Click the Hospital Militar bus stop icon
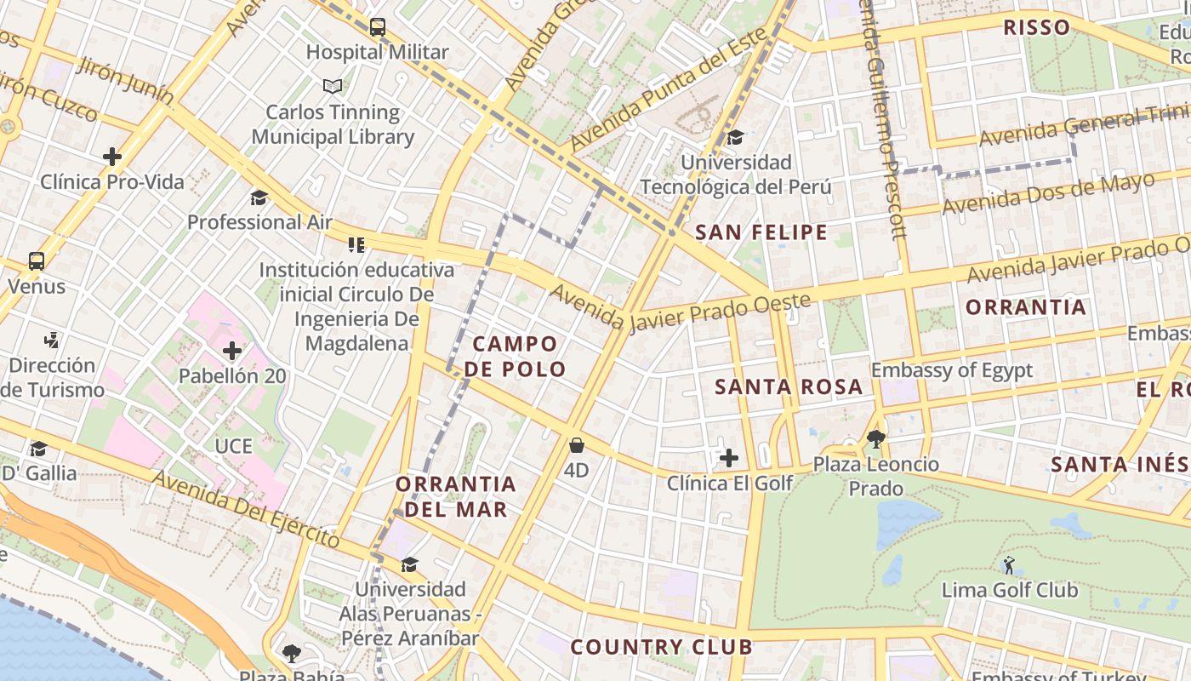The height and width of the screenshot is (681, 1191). click(378, 27)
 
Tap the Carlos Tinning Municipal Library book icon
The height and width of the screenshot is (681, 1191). click(333, 86)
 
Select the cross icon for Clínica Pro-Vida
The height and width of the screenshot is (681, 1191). click(112, 157)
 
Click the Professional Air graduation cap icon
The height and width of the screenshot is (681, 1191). click(259, 197)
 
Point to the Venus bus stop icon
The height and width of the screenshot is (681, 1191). click(37, 261)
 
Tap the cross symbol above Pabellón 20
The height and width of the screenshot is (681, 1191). click(232, 350)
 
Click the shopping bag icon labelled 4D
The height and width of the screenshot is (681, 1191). click(577, 445)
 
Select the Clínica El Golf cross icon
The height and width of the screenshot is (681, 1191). click(729, 458)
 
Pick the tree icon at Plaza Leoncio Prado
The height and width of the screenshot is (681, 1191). click(875, 439)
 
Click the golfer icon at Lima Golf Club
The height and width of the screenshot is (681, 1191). click(1009, 564)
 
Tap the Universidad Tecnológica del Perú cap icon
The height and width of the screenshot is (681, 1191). click(735, 137)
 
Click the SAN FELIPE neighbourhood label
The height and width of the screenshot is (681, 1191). click(761, 232)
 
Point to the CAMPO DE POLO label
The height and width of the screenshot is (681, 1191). click(516, 357)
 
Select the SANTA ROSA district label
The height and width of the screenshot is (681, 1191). click(789, 386)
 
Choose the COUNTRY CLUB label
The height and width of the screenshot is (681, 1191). click(661, 647)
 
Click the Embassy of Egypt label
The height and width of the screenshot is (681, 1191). click(951, 370)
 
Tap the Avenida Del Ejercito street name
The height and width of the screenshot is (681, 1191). click(248, 508)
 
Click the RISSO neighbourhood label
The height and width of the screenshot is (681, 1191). click(1036, 27)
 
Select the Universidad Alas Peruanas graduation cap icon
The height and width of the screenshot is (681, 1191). click(410, 564)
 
